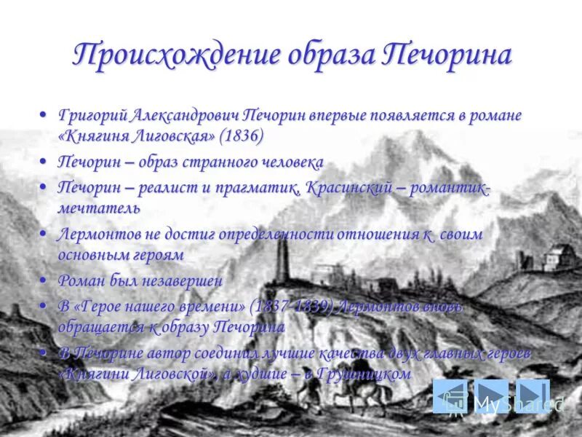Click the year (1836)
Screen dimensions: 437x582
click(242, 135)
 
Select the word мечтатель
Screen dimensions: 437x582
click(99, 208)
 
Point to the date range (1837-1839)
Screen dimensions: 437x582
click(291, 307)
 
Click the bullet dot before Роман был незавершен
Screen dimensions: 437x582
click(44, 280)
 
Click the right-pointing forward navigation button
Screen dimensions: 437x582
click(493, 398)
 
